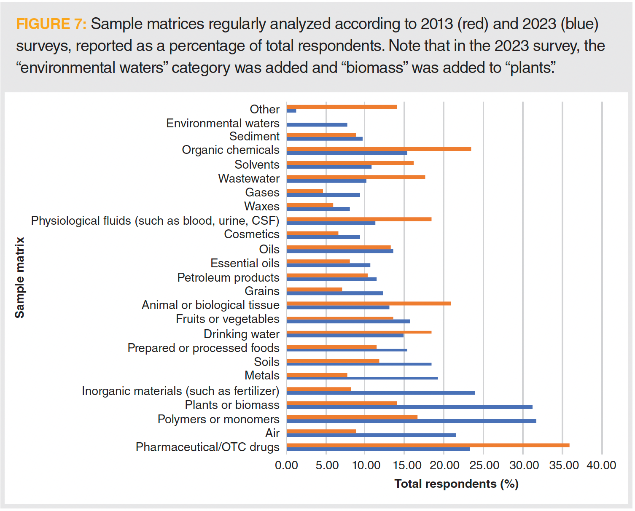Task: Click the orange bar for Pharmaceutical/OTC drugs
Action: coord(428,445)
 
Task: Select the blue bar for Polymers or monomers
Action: coord(411,421)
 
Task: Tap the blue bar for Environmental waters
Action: coord(317,124)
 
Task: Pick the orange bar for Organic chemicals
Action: coord(379,149)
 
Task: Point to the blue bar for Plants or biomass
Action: coord(409,407)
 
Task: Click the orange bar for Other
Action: coord(342,107)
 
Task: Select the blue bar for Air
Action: coord(371,435)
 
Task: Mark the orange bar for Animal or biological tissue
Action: coord(369,304)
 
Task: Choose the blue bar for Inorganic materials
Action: coord(381,393)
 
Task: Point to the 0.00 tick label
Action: coord(287,465)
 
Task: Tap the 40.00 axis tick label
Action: coord(601,465)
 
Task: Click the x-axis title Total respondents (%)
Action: coord(456,484)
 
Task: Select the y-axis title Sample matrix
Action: coord(20,277)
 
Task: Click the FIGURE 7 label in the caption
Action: coord(51,24)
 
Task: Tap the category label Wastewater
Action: coord(249,178)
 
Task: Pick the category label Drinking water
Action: coord(242,334)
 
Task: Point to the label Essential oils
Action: coord(245,263)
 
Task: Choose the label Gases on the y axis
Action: coord(262,192)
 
